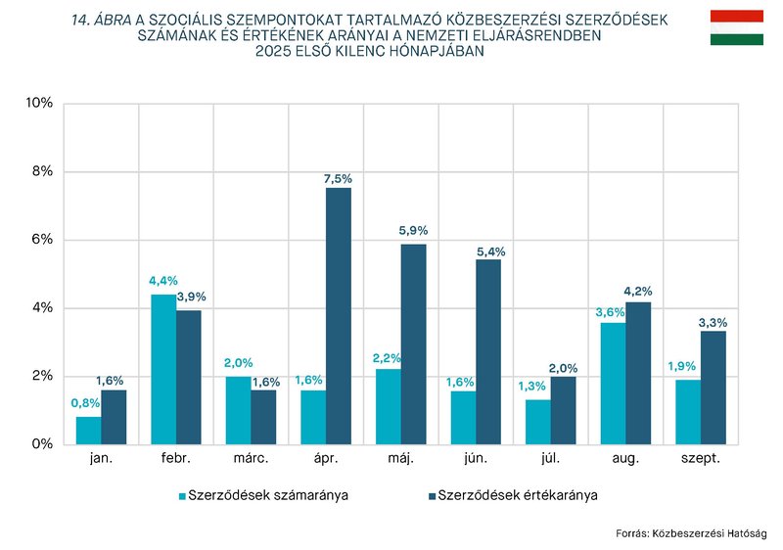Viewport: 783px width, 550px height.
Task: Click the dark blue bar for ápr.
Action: (339, 316)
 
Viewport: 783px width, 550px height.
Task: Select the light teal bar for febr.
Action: (163, 369)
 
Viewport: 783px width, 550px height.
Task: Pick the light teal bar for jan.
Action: (88, 431)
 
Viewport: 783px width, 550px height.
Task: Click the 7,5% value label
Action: (338, 179)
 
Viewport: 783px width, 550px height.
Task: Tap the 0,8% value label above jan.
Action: (86, 403)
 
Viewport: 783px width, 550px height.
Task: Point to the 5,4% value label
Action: (489, 252)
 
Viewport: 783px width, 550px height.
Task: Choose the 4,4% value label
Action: (161, 281)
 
